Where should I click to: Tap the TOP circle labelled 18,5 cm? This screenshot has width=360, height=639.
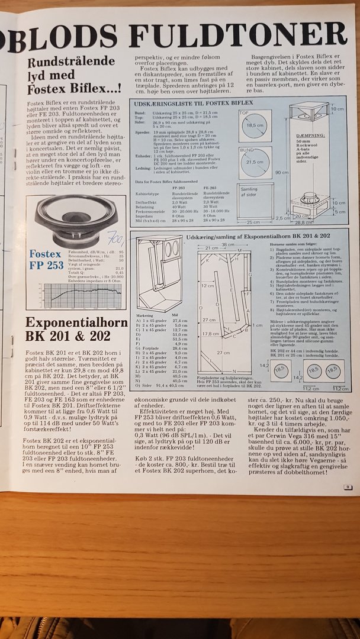coord(255,126)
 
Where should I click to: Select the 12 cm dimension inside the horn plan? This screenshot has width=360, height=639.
coord(207,285)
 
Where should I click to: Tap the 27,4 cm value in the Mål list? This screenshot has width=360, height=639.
coord(179,320)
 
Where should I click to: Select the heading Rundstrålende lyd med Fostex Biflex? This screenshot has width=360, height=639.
coord(74,75)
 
